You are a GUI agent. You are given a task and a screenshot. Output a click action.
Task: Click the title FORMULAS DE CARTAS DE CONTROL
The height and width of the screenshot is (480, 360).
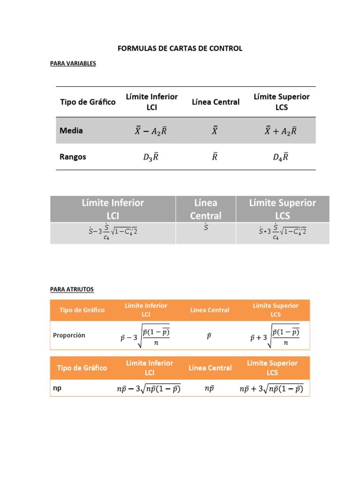(x=180, y=48)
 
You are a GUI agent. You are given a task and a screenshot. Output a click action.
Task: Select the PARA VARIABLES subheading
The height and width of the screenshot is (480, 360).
(x=73, y=63)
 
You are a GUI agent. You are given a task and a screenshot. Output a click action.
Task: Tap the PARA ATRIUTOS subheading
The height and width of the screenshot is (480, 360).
(x=72, y=290)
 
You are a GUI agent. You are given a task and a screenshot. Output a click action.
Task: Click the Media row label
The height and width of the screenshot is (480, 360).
(x=71, y=131)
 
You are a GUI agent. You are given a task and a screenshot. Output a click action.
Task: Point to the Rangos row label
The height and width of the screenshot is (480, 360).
(x=73, y=157)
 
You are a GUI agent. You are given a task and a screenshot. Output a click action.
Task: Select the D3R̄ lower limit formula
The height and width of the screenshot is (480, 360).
(x=150, y=157)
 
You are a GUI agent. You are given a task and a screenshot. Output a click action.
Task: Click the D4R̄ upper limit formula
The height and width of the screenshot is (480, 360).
(x=280, y=157)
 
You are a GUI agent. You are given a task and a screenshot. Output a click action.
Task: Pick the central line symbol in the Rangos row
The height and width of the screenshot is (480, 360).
(x=215, y=157)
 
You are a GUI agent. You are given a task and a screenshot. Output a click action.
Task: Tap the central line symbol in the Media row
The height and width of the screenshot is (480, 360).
(x=215, y=131)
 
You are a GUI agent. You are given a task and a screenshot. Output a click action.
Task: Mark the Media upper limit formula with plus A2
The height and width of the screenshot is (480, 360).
(x=280, y=131)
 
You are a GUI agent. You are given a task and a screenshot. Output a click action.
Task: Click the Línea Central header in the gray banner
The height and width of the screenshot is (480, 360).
(x=205, y=209)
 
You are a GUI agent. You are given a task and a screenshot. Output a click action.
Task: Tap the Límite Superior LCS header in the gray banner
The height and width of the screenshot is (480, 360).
(x=282, y=209)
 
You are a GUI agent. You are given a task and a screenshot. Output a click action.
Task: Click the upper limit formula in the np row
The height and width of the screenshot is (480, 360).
(x=271, y=389)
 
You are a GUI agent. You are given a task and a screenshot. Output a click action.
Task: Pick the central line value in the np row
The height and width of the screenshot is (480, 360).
(x=209, y=389)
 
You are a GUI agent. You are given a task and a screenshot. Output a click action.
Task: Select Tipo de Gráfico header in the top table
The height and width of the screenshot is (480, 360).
(x=88, y=102)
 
